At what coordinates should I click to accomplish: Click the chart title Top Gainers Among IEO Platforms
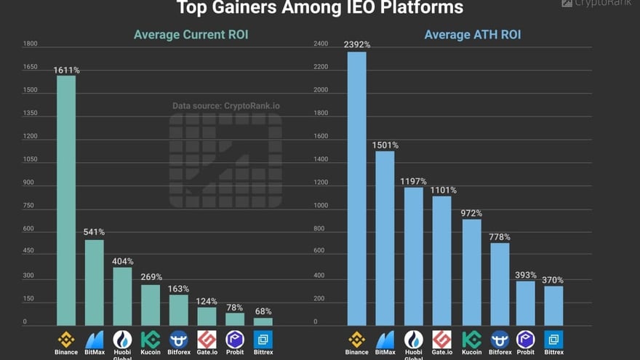pyautogui.click(x=320, y=8)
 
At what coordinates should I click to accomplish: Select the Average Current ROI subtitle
pyautogui.click(x=191, y=34)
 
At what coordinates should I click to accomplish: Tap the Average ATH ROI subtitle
pyautogui.click(x=472, y=34)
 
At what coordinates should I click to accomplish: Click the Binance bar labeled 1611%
pyautogui.click(x=66, y=200)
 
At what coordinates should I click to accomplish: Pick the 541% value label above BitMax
pyautogui.click(x=94, y=232)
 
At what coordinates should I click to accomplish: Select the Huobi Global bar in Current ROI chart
pyautogui.click(x=122, y=296)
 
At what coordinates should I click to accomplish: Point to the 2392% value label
pyautogui.click(x=357, y=44)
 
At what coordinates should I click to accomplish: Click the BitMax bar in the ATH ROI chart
pyautogui.click(x=385, y=238)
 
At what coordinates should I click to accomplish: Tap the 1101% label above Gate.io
pyautogui.click(x=442, y=190)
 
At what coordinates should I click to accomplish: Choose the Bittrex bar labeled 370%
pyautogui.click(x=553, y=305)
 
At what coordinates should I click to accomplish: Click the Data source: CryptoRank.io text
pyautogui.click(x=226, y=105)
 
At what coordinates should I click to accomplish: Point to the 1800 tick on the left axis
pyautogui.click(x=30, y=44)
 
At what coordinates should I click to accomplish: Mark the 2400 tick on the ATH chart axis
pyautogui.click(x=321, y=44)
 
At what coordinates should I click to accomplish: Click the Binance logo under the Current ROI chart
pyautogui.click(x=66, y=339)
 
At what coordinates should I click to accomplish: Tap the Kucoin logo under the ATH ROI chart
pyautogui.click(x=471, y=339)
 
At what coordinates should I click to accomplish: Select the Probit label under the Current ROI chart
pyautogui.click(x=235, y=353)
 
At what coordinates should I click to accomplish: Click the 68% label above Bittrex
pyautogui.click(x=263, y=311)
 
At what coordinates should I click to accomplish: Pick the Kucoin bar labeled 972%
pyautogui.click(x=471, y=272)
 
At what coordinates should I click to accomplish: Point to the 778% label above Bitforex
pyautogui.click(x=500, y=237)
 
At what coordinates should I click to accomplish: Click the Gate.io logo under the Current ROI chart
pyautogui.click(x=207, y=339)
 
